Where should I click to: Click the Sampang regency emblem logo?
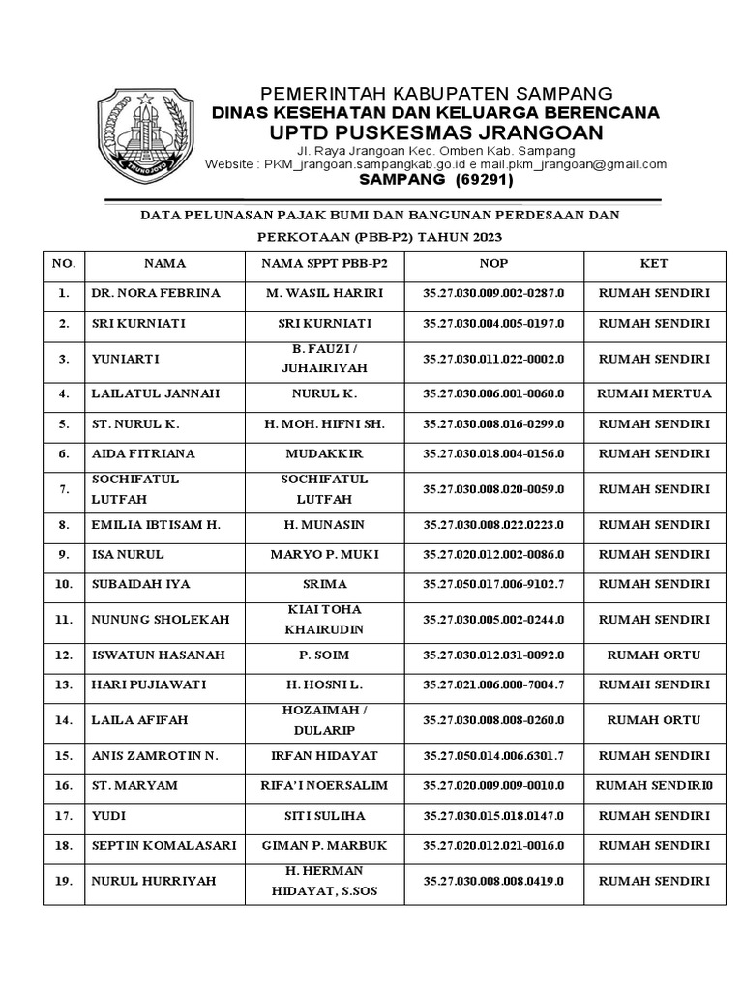pyautogui.click(x=144, y=131)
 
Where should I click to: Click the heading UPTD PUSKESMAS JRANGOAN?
pyautogui.click(x=434, y=132)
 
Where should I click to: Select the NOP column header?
pyautogui.click(x=492, y=263)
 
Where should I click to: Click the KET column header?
pyautogui.click(x=654, y=263)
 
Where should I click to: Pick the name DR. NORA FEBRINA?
pyautogui.click(x=156, y=293)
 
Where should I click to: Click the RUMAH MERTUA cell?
pyautogui.click(x=654, y=393)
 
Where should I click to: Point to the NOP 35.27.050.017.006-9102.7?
pyautogui.click(x=492, y=584)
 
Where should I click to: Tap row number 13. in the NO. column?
pyautogui.click(x=64, y=684)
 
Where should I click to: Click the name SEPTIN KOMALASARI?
pyautogui.click(x=163, y=845)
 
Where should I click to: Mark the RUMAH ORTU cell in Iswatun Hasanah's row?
pyautogui.click(x=654, y=655)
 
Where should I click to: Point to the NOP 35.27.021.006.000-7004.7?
pyautogui.click(x=492, y=684)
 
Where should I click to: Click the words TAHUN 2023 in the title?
pyautogui.click(x=466, y=236)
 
